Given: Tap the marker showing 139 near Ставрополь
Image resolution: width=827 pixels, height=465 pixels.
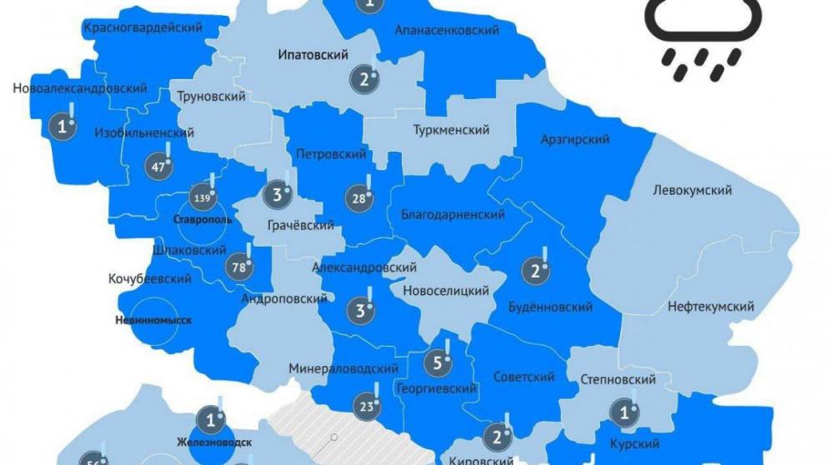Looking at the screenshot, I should [x=200, y=198].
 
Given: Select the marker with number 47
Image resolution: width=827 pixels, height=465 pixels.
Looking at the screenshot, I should [x=157, y=166].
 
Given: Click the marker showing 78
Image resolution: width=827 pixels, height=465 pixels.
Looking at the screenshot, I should [x=238, y=267].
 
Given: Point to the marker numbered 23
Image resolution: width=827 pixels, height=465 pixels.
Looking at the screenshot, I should [x=367, y=407].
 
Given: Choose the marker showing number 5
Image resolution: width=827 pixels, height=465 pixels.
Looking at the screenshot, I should [x=439, y=362].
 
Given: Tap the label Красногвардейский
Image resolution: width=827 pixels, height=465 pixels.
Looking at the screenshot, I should [x=143, y=27].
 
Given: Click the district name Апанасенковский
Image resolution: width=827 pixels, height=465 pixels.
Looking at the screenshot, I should [x=446, y=30].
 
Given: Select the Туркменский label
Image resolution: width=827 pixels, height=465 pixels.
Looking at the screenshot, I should [x=451, y=130].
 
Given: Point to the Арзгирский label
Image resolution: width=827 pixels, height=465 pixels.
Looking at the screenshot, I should [x=575, y=138].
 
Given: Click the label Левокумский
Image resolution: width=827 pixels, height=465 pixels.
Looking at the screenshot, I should [x=692, y=190].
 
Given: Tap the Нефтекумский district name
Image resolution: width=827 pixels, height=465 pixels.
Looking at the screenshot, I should [x=710, y=307].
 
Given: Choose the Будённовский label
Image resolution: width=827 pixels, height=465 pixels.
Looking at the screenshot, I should [x=550, y=307].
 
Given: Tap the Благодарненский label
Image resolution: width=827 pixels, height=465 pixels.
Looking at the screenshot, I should [x=453, y=214].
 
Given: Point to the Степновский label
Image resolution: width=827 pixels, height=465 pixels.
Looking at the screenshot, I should [x=617, y=380].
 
